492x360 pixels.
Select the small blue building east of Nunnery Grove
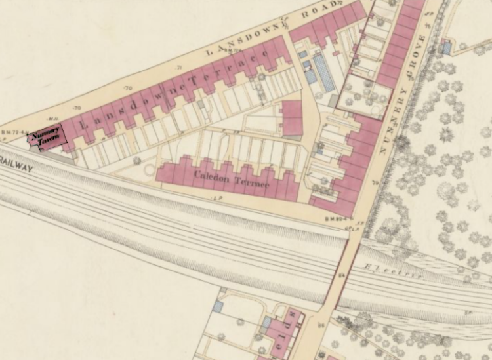(x=447, y=48)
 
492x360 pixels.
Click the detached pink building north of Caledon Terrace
(x=292, y=119)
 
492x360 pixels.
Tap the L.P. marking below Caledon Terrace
(x=217, y=196)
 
